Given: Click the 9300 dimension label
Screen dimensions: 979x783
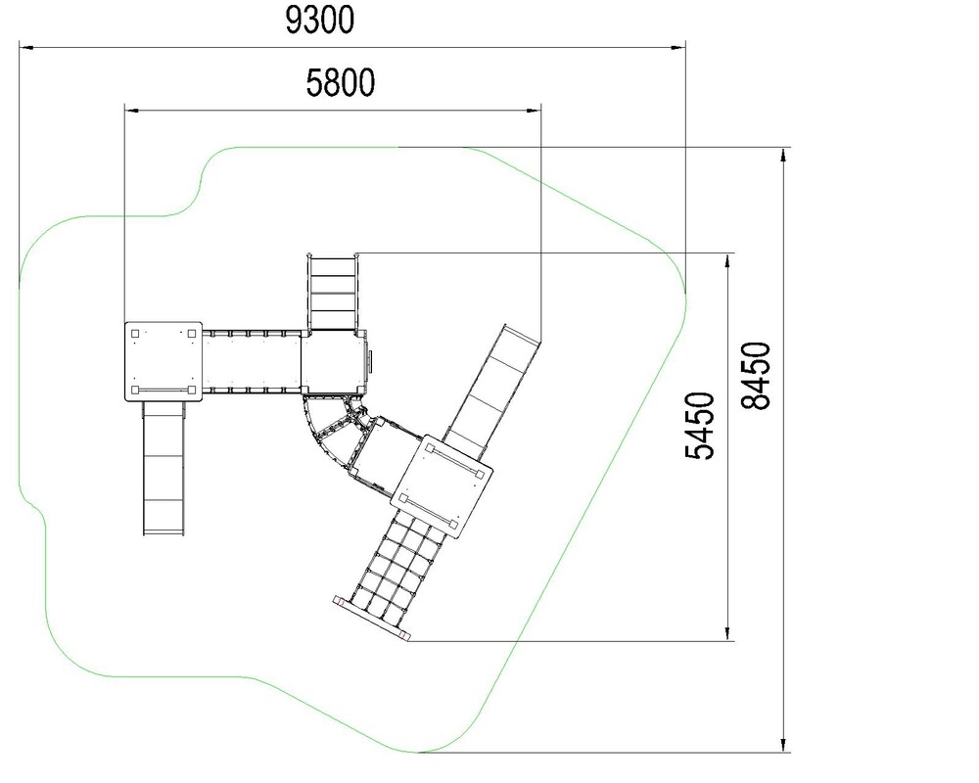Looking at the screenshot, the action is click(x=320, y=20).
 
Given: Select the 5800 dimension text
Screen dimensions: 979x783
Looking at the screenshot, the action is click(x=341, y=83).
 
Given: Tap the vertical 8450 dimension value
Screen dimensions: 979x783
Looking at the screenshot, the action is click(x=756, y=375).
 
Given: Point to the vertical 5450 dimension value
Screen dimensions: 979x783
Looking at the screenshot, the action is click(x=700, y=426).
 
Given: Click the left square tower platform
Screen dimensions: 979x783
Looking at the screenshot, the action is click(x=163, y=361).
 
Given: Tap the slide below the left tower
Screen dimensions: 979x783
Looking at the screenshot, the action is click(x=164, y=468).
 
